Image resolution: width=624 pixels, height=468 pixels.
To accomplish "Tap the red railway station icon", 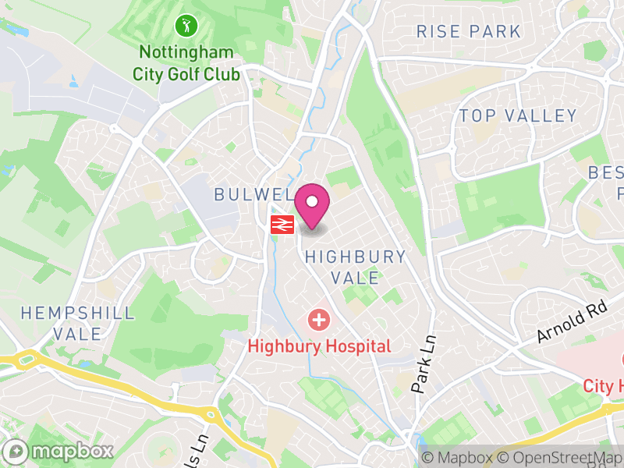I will pyautogui.click(x=282, y=225).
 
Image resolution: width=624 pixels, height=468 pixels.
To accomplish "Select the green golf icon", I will pyautogui.click(x=186, y=25).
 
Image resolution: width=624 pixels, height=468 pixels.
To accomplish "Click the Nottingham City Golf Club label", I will pyautogui.click(x=186, y=63).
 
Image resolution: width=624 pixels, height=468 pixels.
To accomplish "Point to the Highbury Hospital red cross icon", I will pyautogui.click(x=318, y=319).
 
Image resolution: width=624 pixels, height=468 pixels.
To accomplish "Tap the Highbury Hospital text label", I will pyautogui.click(x=319, y=346).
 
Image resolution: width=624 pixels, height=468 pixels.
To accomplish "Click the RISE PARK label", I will pyautogui.click(x=468, y=32).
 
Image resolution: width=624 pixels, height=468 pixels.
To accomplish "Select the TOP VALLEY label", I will pyautogui.click(x=518, y=116).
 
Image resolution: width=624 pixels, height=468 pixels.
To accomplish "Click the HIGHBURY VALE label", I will pyautogui.click(x=355, y=267).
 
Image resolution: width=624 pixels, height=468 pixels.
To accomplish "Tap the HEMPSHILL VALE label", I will pyautogui.click(x=77, y=323).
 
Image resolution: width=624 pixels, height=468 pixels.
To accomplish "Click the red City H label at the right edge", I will pyautogui.click(x=603, y=386).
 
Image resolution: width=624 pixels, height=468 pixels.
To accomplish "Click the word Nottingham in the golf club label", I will pyautogui.click(x=186, y=53).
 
